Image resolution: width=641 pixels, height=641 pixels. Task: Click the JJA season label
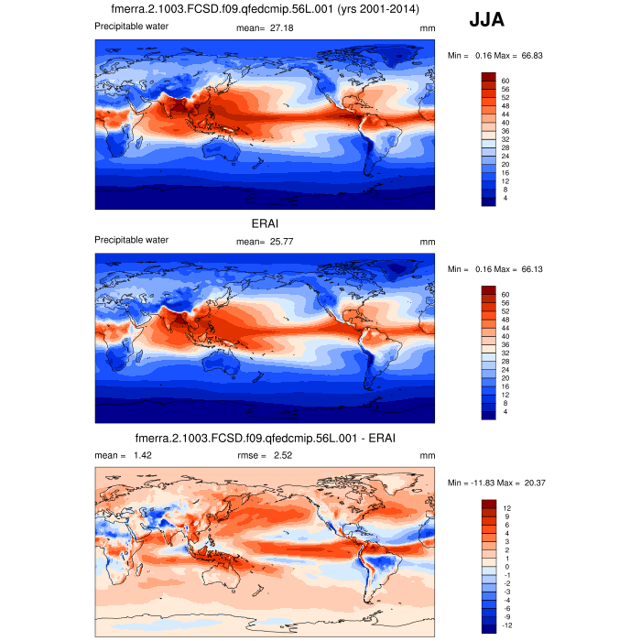pyautogui.click(x=486, y=19)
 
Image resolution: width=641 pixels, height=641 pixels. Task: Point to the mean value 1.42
pyautogui.click(x=140, y=455)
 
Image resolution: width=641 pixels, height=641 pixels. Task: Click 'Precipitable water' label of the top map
pyautogui.click(x=132, y=26)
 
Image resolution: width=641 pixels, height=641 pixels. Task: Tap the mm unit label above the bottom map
pyautogui.click(x=427, y=455)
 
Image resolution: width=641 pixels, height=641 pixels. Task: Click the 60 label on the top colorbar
pyautogui.click(x=505, y=81)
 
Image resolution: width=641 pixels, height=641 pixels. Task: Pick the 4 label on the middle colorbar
pyautogui.click(x=503, y=411)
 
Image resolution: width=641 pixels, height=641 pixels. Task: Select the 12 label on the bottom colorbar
pyautogui.click(x=505, y=507)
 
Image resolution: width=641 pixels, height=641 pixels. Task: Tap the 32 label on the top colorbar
pyautogui.click(x=505, y=139)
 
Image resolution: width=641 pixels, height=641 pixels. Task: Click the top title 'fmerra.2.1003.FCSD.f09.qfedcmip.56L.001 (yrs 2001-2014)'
pyautogui.click(x=266, y=9)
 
